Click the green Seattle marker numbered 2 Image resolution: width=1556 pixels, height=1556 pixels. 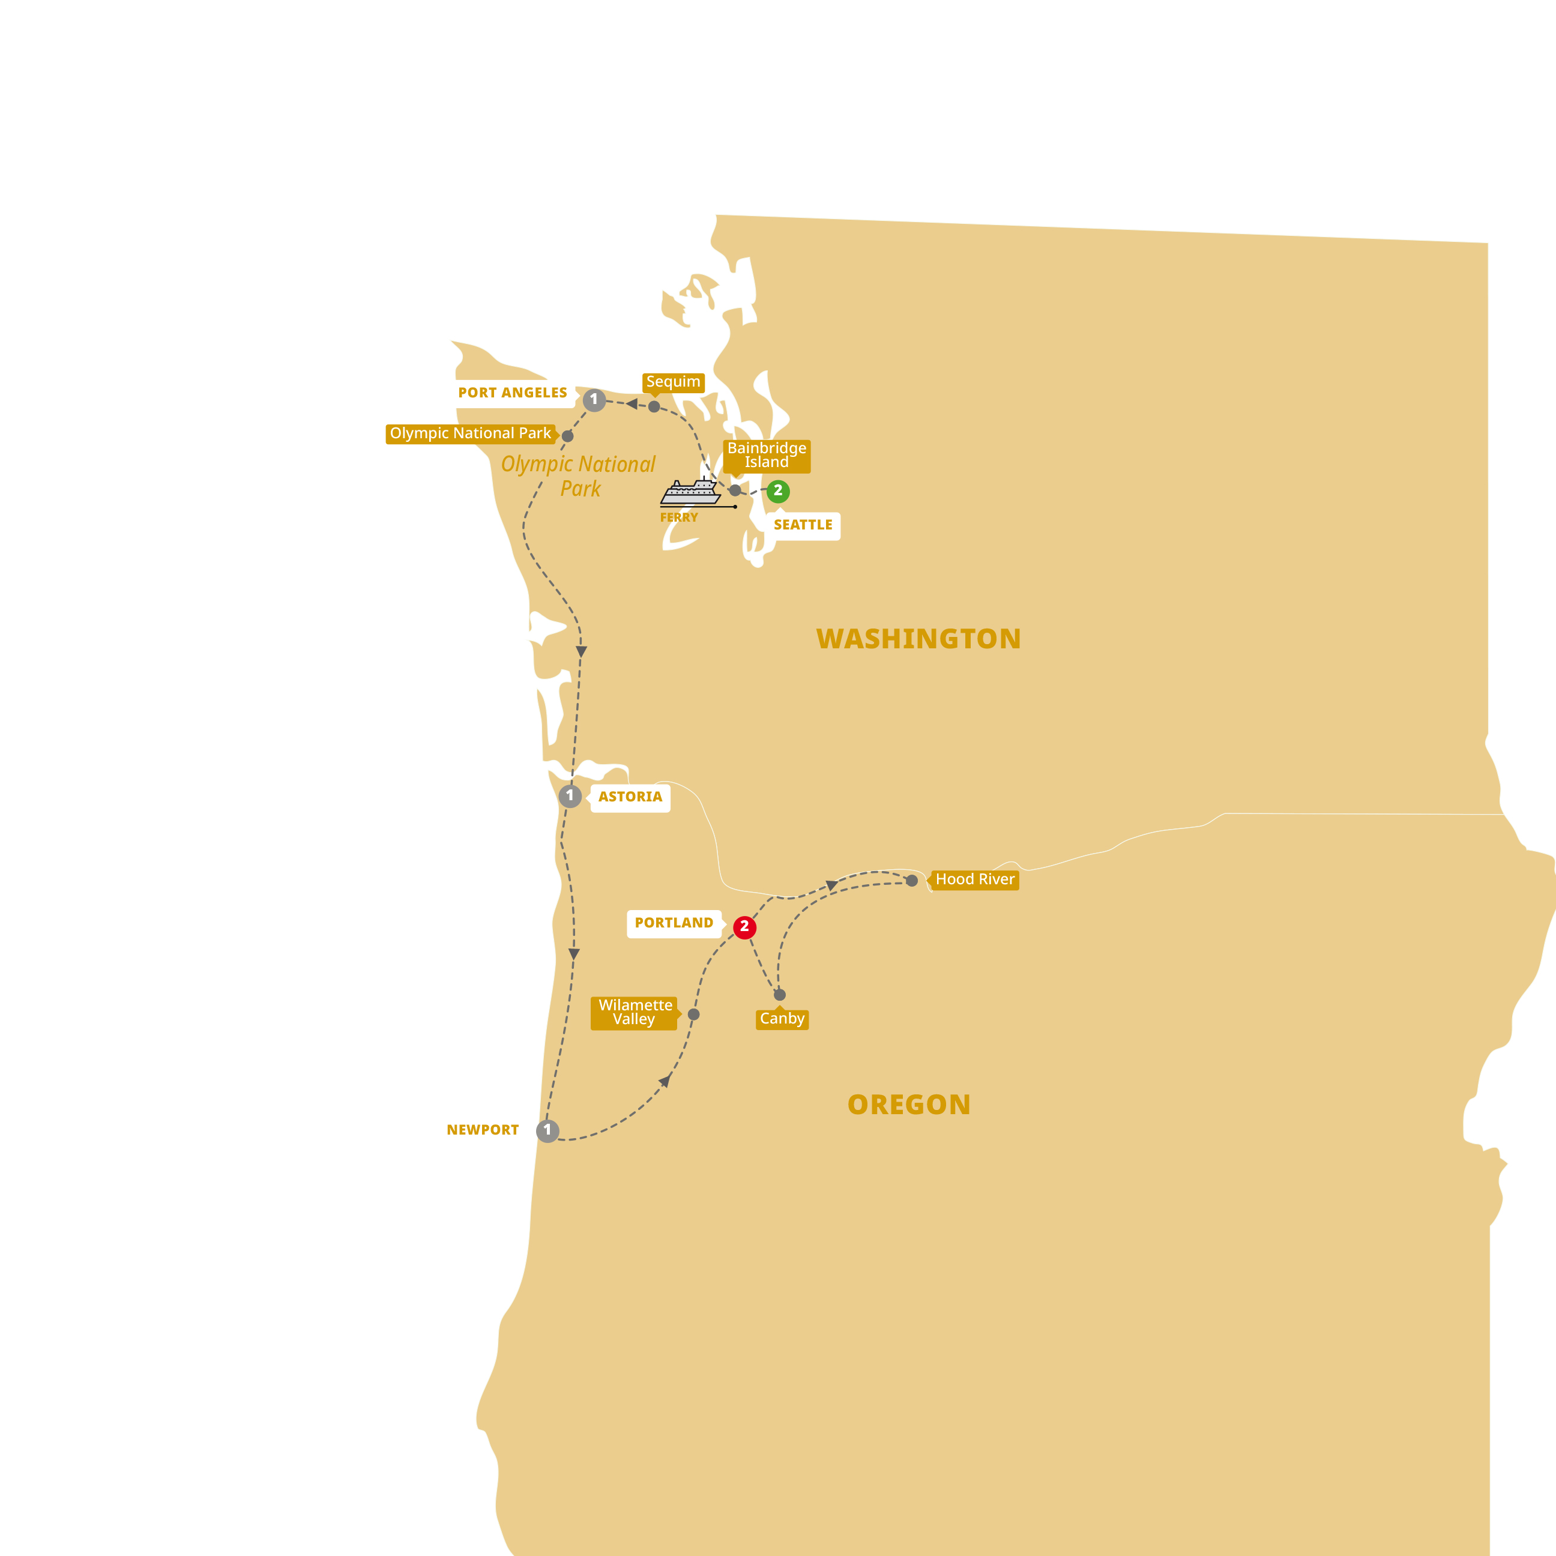pos(777,490)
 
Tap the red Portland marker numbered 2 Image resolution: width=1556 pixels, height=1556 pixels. pos(744,927)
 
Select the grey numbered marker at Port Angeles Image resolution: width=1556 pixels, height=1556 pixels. pos(594,399)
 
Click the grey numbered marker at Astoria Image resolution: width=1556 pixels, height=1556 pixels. pos(570,796)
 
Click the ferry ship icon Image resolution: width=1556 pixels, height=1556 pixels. pos(690,492)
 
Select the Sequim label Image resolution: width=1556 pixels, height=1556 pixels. pos(674,382)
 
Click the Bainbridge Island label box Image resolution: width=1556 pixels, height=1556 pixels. pos(767,455)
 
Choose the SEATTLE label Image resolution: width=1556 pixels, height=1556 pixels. pos(803,525)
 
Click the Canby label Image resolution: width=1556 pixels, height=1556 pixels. pos(782,1019)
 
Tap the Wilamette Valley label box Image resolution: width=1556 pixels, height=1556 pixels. pos(635,1012)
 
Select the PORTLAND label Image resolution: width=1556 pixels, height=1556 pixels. pos(674,923)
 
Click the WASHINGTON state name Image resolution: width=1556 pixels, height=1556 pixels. pos(918,639)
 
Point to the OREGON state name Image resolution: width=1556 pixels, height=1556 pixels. pos(908,1104)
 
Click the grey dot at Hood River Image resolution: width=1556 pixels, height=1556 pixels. pos(912,881)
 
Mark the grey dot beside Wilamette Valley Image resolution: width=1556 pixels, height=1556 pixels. pos(693,1015)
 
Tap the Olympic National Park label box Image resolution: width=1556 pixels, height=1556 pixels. pos(471,433)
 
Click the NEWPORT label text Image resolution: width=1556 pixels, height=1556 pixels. pos(483,1130)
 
